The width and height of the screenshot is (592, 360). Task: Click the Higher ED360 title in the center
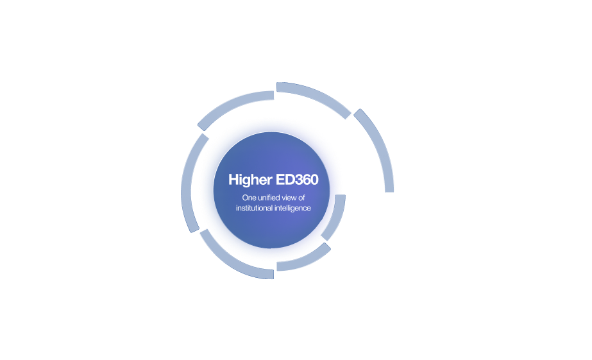tap(273, 180)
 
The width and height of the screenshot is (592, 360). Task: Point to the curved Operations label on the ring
tap(319, 85)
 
